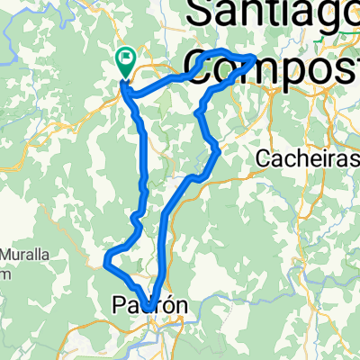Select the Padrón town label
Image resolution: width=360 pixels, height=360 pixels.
point(150,306)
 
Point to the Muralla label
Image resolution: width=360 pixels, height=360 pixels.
point(25,255)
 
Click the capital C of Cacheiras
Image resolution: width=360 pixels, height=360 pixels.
point(263,158)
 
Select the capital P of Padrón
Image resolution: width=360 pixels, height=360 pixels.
point(121,306)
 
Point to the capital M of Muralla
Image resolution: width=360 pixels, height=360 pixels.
point(5,255)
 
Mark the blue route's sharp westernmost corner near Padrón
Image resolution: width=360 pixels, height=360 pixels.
point(106,265)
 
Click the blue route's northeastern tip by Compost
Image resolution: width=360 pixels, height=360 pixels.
point(256,59)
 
